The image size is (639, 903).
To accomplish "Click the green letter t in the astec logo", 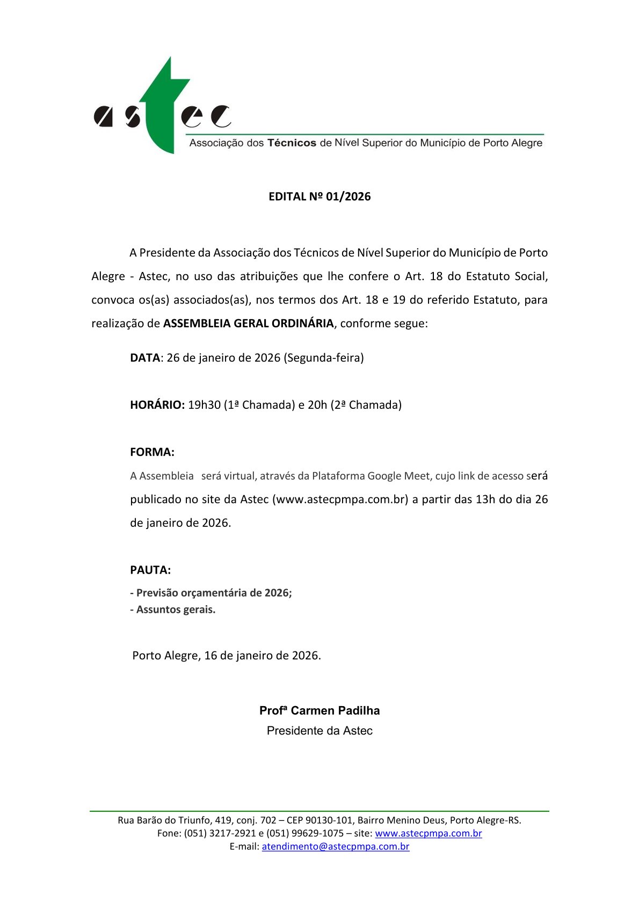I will (x=162, y=107).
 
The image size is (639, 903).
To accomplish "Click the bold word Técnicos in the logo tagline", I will (x=292, y=143).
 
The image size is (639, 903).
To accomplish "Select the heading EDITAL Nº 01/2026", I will (x=319, y=196).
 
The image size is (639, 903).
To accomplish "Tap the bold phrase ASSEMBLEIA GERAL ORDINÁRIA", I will (x=248, y=324).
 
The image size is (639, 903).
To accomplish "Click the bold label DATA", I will (x=144, y=358).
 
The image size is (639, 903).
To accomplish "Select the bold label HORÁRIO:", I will (x=157, y=405).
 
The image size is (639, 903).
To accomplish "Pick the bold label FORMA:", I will (x=152, y=452).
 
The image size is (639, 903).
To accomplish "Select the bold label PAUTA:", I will (x=150, y=570).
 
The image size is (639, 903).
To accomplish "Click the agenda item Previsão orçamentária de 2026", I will (x=214, y=593).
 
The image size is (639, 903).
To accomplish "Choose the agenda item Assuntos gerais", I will (x=176, y=610).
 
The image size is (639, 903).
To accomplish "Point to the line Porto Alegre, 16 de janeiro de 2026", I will (x=227, y=656).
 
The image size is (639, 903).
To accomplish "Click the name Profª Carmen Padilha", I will (x=319, y=711).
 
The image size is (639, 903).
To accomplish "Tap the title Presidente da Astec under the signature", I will (x=319, y=731).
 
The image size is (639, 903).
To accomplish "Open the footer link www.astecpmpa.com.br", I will (x=428, y=833).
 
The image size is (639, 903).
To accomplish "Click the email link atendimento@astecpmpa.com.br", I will (x=335, y=847).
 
